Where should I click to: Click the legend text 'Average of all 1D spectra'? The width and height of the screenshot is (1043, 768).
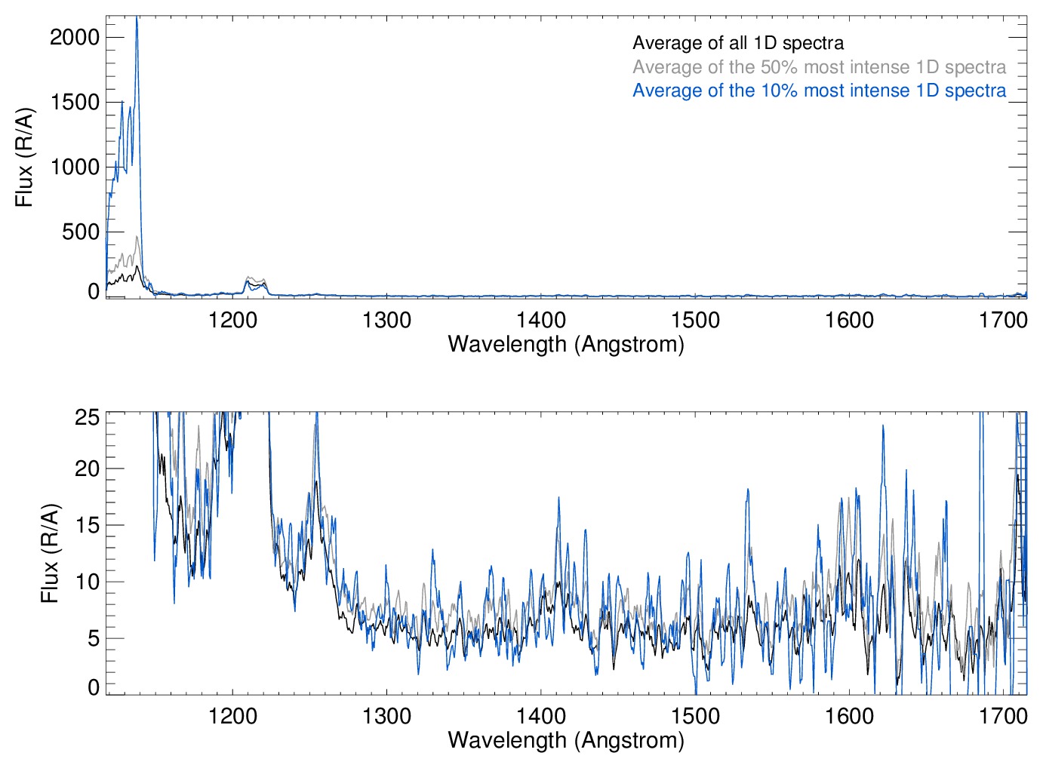click(737, 43)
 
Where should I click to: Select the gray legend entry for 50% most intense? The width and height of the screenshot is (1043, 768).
click(819, 67)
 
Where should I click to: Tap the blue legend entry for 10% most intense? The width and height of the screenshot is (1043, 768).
click(819, 91)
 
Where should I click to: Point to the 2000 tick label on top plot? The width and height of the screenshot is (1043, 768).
click(75, 37)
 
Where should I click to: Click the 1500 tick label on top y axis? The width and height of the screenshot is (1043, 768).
click(75, 102)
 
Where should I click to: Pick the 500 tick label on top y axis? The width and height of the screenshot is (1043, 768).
click(81, 232)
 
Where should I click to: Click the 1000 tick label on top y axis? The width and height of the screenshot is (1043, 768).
click(75, 167)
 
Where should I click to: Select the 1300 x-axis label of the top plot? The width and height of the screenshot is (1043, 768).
click(386, 321)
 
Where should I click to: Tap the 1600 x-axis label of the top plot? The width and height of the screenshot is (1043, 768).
click(849, 321)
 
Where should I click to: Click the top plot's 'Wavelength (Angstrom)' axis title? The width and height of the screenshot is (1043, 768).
click(566, 345)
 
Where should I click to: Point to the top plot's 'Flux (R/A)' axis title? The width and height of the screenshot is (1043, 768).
click(25, 157)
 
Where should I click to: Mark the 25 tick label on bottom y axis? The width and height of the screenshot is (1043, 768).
click(88, 416)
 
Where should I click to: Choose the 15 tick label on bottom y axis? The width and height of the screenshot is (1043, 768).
click(88, 525)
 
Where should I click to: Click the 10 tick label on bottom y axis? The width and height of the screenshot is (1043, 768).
click(88, 582)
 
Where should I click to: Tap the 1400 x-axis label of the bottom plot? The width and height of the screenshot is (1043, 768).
click(541, 716)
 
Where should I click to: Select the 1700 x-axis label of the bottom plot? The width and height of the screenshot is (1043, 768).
click(1003, 716)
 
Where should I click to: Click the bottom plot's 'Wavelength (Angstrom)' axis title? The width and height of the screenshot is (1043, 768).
click(566, 740)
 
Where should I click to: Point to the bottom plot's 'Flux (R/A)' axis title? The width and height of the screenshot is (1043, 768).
click(50, 553)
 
